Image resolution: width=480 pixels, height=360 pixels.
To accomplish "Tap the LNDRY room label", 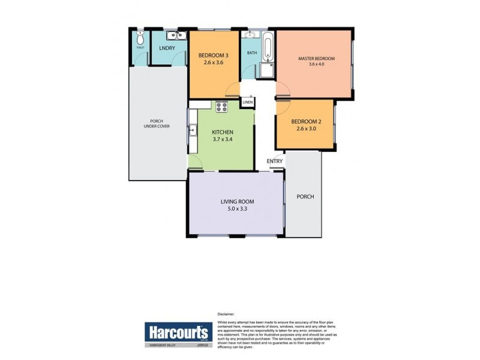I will [167, 48].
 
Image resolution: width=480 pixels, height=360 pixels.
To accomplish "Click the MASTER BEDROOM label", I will [316, 58].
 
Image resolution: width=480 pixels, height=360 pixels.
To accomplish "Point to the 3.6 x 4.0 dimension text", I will [316, 64].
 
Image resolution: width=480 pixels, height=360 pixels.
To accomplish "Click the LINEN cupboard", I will [247, 103].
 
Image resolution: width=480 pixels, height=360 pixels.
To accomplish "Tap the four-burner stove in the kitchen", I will [222, 108].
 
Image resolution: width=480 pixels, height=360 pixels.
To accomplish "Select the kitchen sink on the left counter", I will [193, 129].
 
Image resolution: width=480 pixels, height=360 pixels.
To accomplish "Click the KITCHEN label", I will [223, 133].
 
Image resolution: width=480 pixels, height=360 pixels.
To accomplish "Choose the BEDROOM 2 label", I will [306, 122].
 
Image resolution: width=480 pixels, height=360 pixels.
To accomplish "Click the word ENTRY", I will [275, 161].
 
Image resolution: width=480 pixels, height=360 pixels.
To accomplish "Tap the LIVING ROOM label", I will [235, 202].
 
